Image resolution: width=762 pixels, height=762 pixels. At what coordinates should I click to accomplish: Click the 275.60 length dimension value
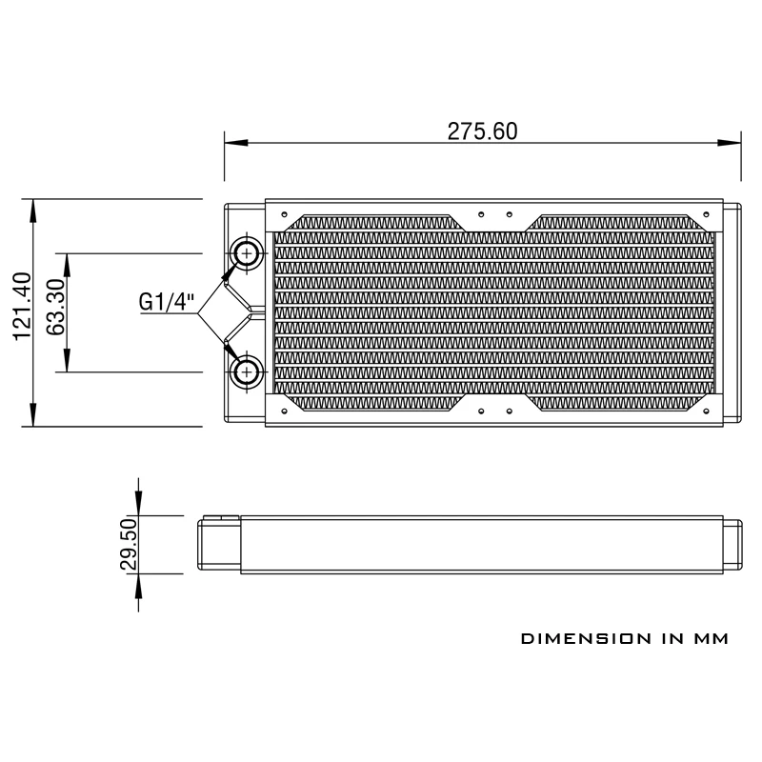(482, 131)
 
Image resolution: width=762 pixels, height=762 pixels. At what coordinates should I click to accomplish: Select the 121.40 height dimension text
(22, 306)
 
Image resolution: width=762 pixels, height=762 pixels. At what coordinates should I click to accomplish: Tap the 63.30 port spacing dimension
(55, 307)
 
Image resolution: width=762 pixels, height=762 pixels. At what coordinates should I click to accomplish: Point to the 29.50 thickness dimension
(129, 544)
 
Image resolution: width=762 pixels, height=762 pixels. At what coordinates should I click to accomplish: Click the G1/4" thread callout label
(167, 302)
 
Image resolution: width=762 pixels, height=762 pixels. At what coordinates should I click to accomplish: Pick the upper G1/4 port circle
(248, 253)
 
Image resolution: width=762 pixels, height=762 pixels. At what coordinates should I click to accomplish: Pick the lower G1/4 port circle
(248, 372)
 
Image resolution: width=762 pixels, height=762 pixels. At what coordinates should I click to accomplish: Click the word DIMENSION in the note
(586, 638)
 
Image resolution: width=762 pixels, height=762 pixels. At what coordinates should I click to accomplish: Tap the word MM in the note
(711, 638)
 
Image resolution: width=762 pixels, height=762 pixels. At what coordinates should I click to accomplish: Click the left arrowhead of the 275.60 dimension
(236, 143)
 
